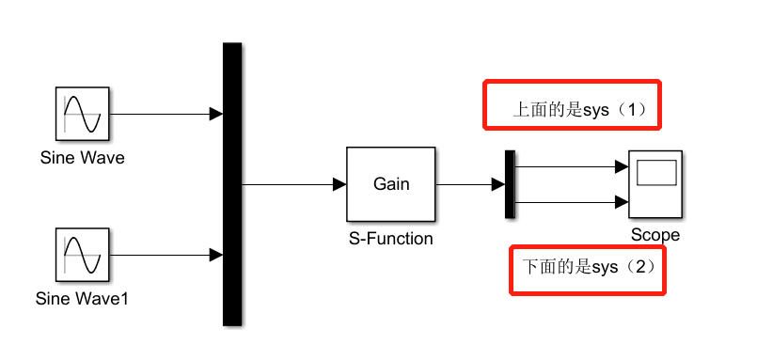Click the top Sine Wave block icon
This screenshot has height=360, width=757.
click(82, 115)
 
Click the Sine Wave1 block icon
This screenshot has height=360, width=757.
click(82, 255)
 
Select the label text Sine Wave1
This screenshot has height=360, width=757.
click(82, 301)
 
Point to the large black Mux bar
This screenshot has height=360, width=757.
click(232, 184)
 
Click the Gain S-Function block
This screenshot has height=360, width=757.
click(391, 184)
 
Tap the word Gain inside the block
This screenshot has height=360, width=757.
click(391, 184)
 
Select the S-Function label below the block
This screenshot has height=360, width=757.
click(391, 239)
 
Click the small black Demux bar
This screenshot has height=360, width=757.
click(510, 184)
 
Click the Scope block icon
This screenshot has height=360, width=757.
click(655, 184)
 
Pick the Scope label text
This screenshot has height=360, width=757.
click(655, 235)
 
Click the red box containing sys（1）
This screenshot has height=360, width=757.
click(574, 105)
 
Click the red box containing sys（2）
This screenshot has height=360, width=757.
click(587, 271)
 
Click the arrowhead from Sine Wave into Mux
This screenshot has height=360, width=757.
click(216, 115)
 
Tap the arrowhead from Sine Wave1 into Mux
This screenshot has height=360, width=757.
click(216, 255)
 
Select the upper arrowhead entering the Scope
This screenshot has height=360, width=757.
click(623, 167)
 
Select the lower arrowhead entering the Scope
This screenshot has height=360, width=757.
click(623, 201)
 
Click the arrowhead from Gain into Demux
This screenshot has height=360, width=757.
click(498, 184)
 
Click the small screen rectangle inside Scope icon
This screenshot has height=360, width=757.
click(656, 173)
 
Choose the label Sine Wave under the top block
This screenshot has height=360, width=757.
click(82, 158)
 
